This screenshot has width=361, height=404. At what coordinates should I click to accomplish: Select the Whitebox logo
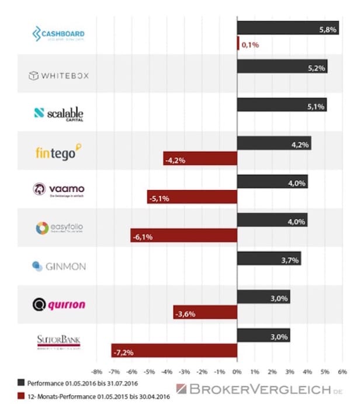(59, 75)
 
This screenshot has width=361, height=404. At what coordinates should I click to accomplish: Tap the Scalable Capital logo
(59, 113)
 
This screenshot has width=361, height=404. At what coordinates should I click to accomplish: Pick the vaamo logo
(59, 190)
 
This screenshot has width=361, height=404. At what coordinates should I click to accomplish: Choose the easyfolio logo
(59, 228)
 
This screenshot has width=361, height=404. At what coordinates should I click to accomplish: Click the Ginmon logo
(59, 266)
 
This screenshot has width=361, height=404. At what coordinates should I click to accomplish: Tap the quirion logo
(59, 304)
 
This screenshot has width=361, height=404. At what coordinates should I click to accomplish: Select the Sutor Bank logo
(59, 341)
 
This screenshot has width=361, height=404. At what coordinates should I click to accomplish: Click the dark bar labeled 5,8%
(287, 28)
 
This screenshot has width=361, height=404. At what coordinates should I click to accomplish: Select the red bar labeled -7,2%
(173, 350)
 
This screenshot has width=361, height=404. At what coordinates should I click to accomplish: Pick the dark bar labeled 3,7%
(269, 258)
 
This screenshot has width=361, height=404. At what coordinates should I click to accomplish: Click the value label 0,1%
(250, 44)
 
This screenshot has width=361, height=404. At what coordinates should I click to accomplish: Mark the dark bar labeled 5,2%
(282, 67)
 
